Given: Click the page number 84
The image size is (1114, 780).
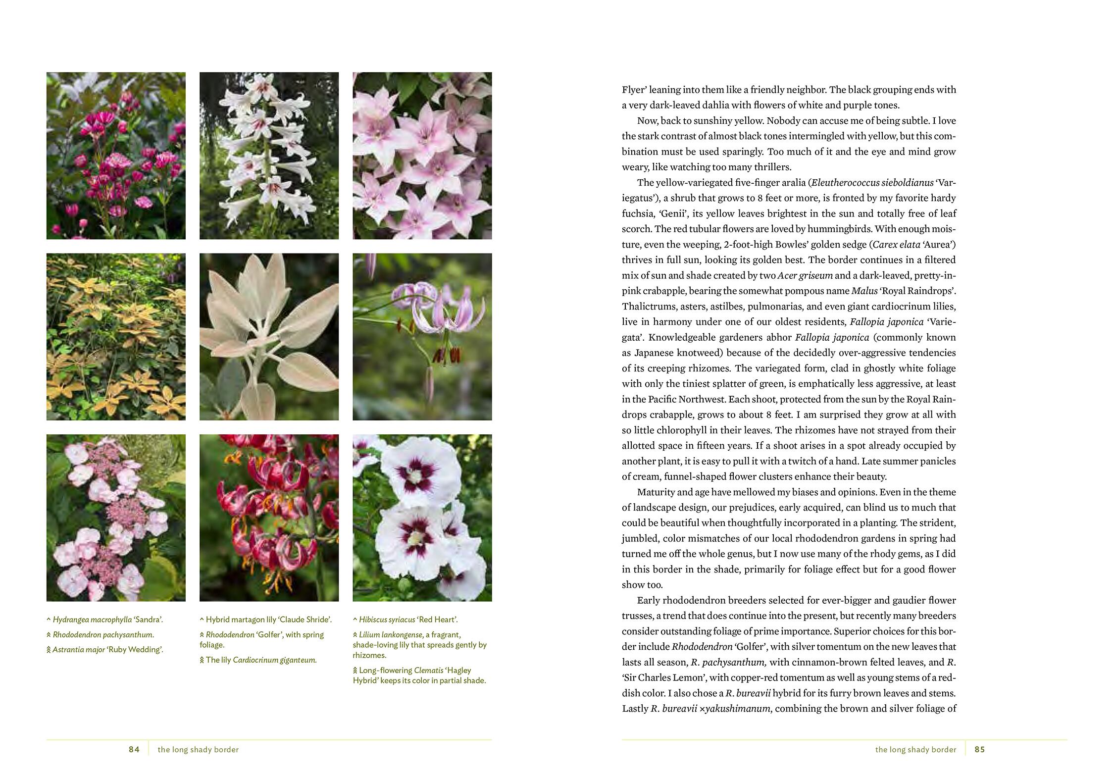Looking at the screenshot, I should coord(134,749).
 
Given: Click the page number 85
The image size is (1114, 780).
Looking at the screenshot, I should coord(979,749).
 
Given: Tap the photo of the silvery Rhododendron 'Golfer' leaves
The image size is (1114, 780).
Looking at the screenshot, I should coord(269,337).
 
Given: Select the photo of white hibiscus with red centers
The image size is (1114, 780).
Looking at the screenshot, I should coord(422,518).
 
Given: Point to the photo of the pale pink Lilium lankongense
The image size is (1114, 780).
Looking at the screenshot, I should coord(422,337).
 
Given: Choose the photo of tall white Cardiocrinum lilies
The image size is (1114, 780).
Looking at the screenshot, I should coord(269,156).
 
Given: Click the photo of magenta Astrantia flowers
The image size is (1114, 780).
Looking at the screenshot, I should coord(116,156).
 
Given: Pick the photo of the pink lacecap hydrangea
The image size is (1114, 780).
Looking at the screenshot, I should coord(116,518).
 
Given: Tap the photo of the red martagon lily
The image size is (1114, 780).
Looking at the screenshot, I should coord(269,518).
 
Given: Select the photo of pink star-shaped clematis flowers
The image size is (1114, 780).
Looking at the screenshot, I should coord(422,156).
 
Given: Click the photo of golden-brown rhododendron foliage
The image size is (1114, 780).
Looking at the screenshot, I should coord(116,337).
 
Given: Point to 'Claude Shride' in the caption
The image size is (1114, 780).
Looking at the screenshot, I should coord(306,620).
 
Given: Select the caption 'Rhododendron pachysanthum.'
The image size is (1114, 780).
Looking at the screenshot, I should coord(103,634).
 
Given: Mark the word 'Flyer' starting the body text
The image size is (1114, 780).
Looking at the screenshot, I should coord(633,90).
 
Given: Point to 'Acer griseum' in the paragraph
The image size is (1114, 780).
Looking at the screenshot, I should coord(805,275).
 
